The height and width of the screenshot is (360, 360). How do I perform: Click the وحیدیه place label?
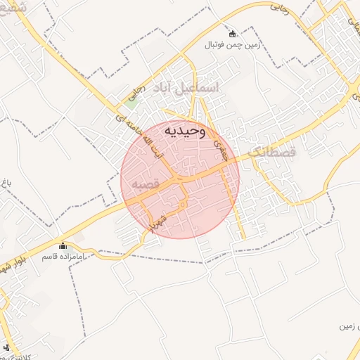185,130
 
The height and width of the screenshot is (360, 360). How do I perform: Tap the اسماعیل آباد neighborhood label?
190,87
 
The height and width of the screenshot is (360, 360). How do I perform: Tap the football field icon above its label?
232,33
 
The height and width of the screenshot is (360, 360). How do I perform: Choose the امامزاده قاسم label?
63,257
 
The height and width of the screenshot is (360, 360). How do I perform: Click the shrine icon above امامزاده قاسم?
63,245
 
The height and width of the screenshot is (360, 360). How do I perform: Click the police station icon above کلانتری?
6,346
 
